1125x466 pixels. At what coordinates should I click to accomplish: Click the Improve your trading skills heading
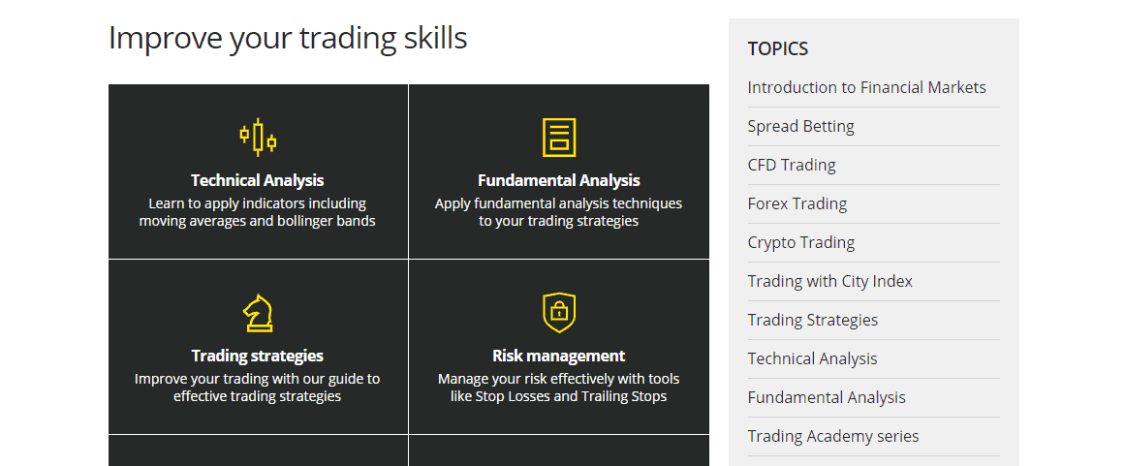point(288,38)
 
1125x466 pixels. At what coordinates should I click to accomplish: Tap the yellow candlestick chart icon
point(258,137)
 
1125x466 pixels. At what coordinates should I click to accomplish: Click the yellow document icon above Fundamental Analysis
point(559,137)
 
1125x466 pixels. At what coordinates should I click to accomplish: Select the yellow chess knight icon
point(258,313)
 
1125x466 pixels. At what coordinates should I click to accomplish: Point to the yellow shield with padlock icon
point(559,313)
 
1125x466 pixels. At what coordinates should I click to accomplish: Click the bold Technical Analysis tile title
point(258,180)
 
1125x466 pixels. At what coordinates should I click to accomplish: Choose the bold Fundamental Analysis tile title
point(559,180)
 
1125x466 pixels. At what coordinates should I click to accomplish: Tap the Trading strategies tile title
point(258,357)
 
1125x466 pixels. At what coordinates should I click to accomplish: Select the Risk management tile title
point(559,357)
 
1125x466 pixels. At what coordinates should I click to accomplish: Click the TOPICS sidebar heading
point(778,48)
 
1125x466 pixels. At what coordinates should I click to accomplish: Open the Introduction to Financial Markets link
point(866,87)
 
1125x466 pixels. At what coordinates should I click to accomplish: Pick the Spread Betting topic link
point(800,126)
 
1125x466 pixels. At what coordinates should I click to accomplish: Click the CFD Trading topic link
point(792,165)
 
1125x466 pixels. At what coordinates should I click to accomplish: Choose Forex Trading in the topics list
point(797,203)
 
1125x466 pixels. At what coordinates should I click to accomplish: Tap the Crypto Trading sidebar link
point(800,242)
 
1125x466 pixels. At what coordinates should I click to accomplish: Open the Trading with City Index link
point(830,281)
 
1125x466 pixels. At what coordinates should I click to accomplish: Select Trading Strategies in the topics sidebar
point(813,320)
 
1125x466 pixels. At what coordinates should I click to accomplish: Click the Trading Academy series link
point(833,436)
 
